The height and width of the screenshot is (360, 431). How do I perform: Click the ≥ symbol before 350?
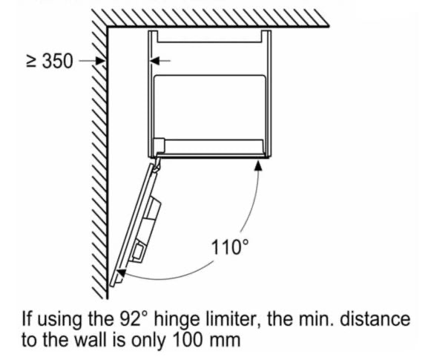(31, 62)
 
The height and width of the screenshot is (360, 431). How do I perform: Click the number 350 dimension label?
(58, 61)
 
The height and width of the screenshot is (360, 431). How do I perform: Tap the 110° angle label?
(230, 246)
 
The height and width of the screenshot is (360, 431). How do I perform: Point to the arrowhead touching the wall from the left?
(101, 61)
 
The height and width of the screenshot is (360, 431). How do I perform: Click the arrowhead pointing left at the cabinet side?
(154, 61)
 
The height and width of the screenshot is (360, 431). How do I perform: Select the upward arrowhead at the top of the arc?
(258, 166)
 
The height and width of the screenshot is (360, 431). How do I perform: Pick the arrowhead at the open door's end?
(121, 273)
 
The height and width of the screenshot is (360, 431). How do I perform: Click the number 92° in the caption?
(134, 319)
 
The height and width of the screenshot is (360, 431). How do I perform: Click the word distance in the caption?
(375, 319)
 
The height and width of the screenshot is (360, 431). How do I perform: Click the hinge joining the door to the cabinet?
(157, 164)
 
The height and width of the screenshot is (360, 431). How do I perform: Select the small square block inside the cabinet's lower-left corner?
(159, 145)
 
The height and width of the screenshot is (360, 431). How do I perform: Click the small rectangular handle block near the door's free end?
(137, 251)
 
